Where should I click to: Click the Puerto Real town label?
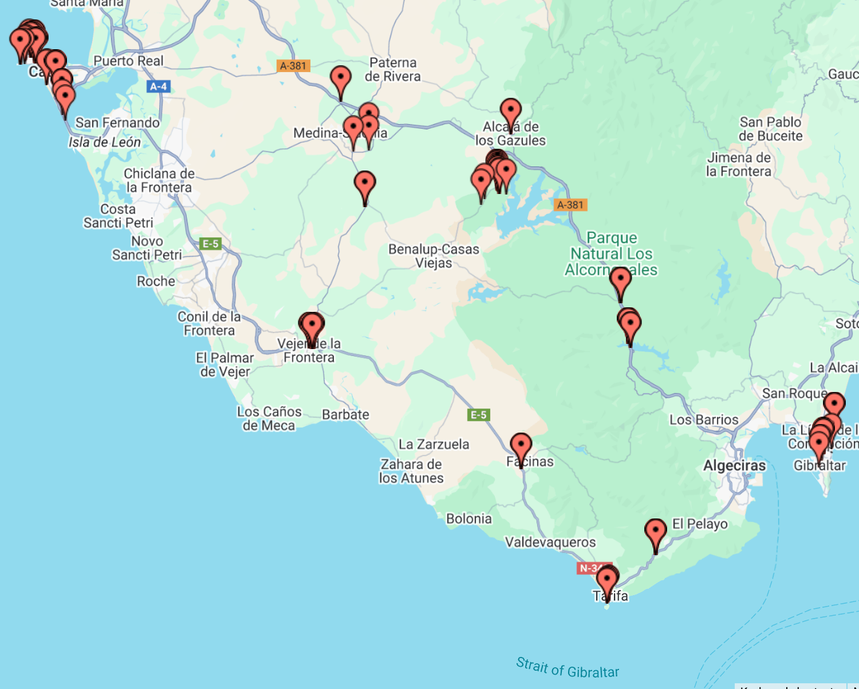pyautogui.click(x=128, y=61)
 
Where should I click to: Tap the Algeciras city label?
pyautogui.click(x=734, y=466)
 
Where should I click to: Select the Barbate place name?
pyautogui.click(x=345, y=414)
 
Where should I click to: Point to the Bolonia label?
pyautogui.click(x=468, y=518)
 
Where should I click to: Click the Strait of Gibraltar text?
pyautogui.click(x=567, y=668)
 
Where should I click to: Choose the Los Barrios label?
pyautogui.click(x=704, y=419)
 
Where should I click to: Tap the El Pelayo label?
pyautogui.click(x=699, y=524)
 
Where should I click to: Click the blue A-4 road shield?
pyautogui.click(x=158, y=86)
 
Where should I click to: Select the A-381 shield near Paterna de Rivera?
pyautogui.click(x=294, y=66)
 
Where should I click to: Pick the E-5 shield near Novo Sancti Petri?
pyautogui.click(x=210, y=244)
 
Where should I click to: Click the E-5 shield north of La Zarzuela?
pyautogui.click(x=478, y=415)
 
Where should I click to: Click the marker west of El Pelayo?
pyautogui.click(x=655, y=532)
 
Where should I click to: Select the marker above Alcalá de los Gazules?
pyautogui.click(x=510, y=111)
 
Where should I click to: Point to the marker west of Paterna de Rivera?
pyautogui.click(x=341, y=79)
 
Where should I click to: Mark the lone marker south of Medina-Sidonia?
pyautogui.click(x=365, y=184)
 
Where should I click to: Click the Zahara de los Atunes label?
pyautogui.click(x=411, y=471)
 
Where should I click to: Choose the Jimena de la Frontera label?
pyautogui.click(x=738, y=164)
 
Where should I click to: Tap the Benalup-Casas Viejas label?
pyautogui.click(x=434, y=256)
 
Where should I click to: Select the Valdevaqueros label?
pyautogui.click(x=550, y=542)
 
